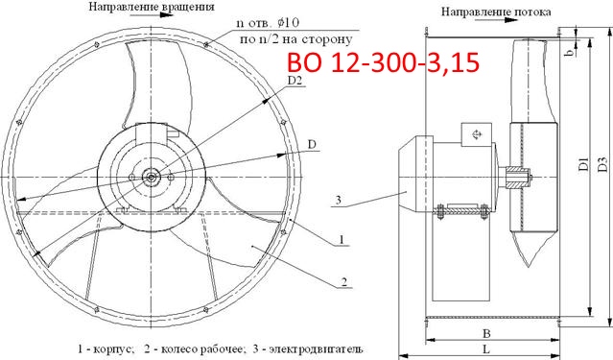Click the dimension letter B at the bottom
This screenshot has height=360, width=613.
tap(488, 334)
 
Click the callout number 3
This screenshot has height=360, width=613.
tap(338, 200)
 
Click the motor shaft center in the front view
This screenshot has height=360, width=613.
tap(151, 175)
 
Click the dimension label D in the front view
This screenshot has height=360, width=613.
tap(312, 145)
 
